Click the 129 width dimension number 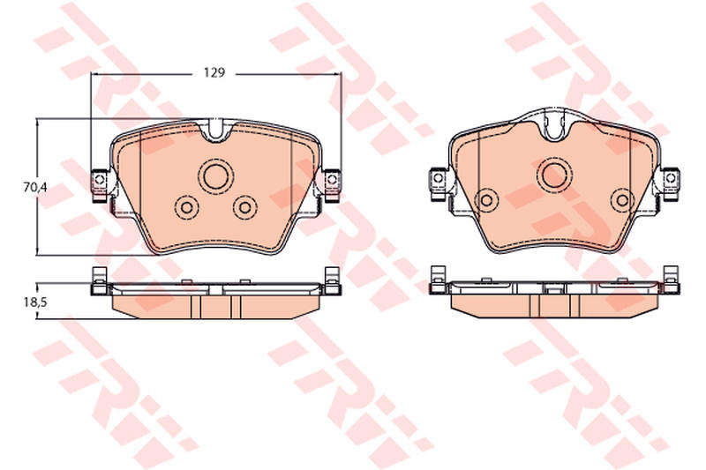[214, 72]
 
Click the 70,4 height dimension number [35, 187]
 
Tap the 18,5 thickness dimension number [35, 302]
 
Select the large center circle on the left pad [216, 175]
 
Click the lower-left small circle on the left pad [186, 208]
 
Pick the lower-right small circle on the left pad [245, 207]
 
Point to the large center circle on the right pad [554, 174]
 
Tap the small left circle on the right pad [487, 199]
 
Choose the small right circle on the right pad [623, 199]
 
